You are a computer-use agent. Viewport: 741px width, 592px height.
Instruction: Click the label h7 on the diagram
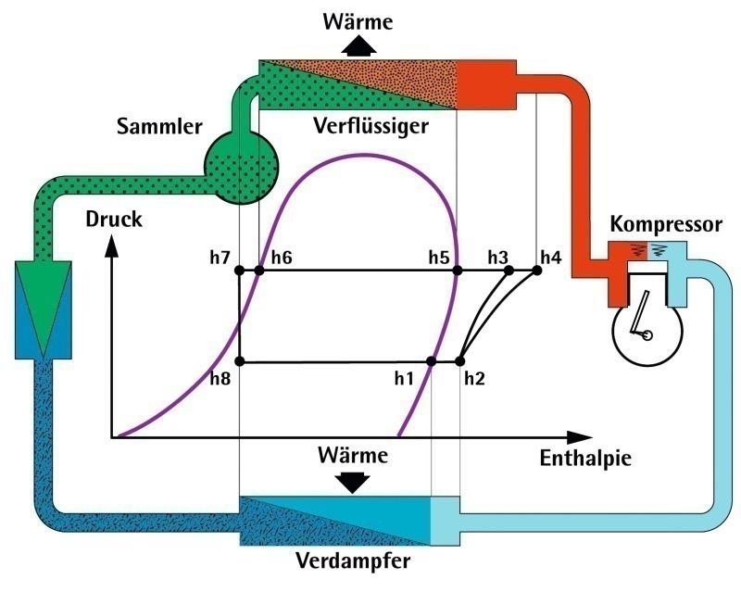coord(220,257)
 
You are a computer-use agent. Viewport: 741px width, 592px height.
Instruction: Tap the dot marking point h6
coord(259,271)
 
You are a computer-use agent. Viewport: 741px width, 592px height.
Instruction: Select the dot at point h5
coord(457,271)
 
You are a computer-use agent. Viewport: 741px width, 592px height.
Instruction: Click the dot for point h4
coord(537,271)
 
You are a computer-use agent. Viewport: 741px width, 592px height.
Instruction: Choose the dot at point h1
coord(432,361)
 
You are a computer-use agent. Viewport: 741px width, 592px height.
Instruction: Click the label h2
coord(474,377)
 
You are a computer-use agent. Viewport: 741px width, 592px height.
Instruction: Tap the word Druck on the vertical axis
coord(113,220)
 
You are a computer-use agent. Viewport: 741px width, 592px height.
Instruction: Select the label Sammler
coord(159,127)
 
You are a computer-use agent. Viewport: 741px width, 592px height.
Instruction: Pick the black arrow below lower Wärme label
coord(352,482)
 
